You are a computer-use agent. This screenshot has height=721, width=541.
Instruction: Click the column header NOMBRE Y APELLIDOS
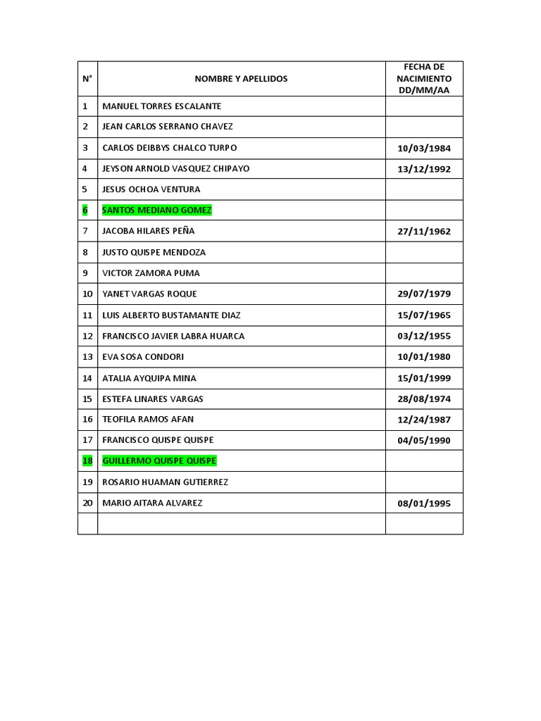point(241,79)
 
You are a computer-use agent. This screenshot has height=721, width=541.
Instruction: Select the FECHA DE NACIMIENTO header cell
point(423,79)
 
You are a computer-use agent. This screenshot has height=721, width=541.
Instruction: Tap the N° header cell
point(87,79)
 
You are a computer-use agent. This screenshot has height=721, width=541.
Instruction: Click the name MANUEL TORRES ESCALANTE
point(161,106)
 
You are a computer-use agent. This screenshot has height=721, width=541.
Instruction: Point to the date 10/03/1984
point(424,149)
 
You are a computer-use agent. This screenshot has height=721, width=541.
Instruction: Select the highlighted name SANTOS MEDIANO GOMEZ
point(156,210)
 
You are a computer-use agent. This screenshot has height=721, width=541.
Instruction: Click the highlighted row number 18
point(87,461)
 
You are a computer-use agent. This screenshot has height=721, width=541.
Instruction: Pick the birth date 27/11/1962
point(424,232)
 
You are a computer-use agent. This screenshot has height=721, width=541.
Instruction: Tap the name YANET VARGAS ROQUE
point(149,294)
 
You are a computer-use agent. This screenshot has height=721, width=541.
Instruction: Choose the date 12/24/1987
point(424,420)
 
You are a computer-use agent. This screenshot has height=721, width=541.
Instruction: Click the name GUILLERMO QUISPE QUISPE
point(159,461)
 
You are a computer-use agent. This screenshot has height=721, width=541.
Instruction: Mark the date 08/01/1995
point(424,503)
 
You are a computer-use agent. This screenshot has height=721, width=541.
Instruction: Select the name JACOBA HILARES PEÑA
point(148,231)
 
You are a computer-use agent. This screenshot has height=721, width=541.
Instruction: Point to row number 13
point(87,357)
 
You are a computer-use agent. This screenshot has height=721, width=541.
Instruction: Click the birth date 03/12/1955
point(424,337)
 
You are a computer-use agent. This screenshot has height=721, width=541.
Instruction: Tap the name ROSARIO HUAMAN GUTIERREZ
point(165,482)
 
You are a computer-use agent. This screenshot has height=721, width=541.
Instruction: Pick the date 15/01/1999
point(424,378)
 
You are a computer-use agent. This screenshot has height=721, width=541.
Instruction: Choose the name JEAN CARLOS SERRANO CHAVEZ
point(167,127)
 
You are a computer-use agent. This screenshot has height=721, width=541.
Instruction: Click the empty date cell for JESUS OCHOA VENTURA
point(424,189)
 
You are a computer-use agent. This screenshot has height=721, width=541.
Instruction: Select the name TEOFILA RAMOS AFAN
point(148,419)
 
